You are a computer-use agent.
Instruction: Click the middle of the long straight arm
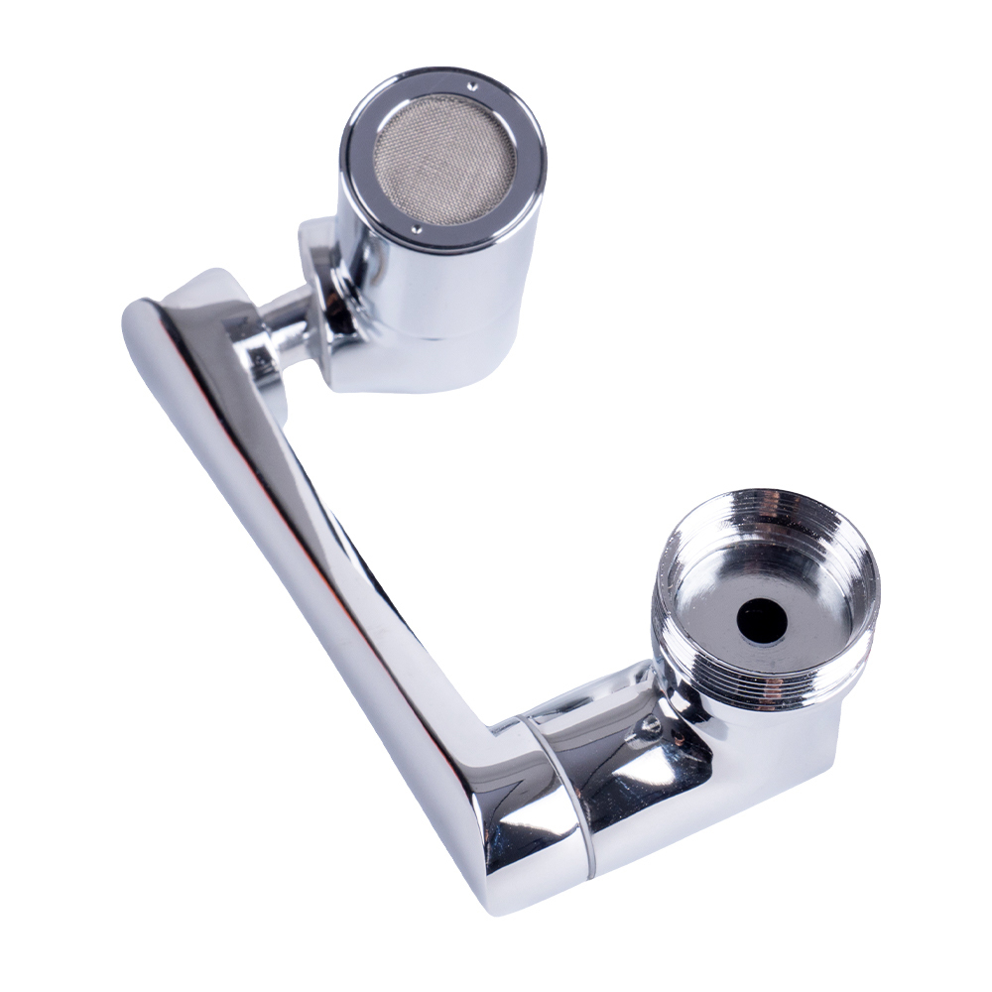327,556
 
